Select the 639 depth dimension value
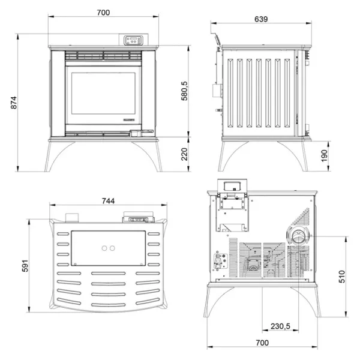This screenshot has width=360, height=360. coord(261,19)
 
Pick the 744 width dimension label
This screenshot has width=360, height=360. coord(108,200)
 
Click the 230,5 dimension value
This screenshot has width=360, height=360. coord(280,326)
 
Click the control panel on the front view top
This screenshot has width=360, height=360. coord(134,41)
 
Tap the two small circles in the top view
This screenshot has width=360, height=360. coord(108,248)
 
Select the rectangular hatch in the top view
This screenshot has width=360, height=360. coord(108,248)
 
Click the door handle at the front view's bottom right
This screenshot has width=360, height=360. coord(145,133)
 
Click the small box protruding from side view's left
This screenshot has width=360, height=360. coord(213,90)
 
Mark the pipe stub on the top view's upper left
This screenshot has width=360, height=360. coord(72,217)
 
